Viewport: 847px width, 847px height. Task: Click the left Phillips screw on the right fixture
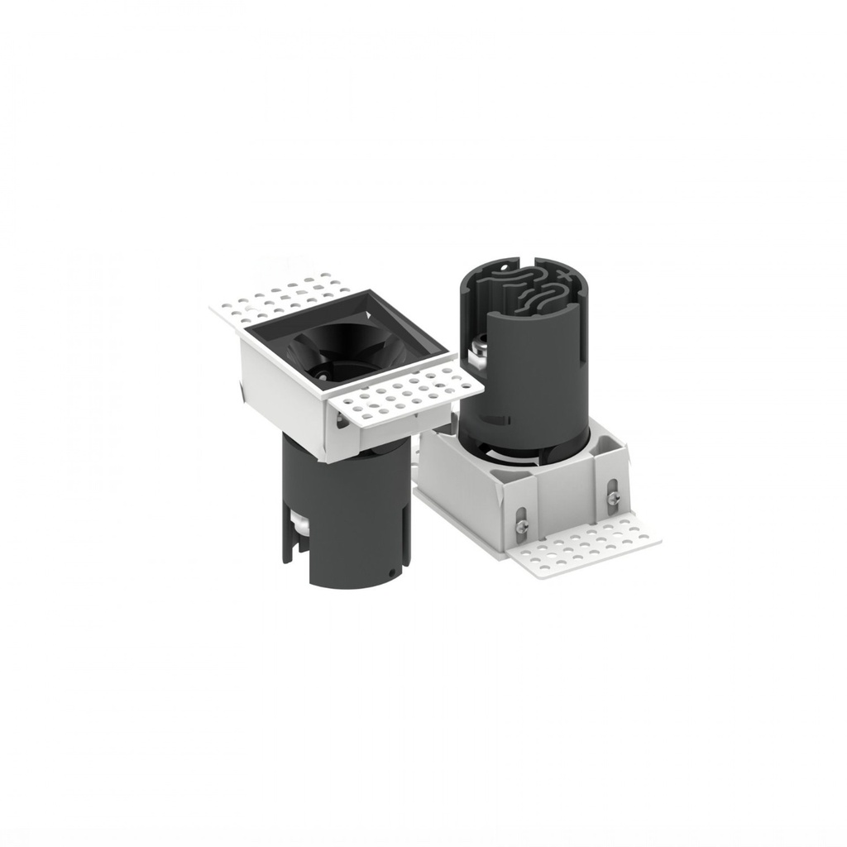click(x=520, y=524)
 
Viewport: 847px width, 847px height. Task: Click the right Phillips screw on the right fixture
click(x=613, y=497)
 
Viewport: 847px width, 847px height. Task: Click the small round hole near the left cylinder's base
click(x=391, y=572)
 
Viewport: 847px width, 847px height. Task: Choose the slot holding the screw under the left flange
click(x=341, y=419)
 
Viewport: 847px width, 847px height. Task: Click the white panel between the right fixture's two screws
click(x=567, y=505)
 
